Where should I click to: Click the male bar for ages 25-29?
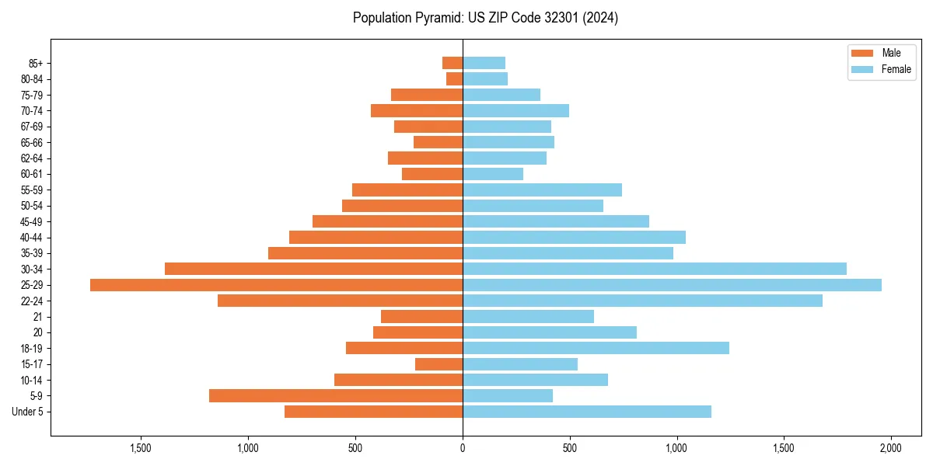coord(276,285)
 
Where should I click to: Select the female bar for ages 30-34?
coord(655,269)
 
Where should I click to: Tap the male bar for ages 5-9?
coord(336,396)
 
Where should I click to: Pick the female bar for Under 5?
coord(587,412)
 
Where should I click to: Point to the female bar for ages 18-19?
coord(596,348)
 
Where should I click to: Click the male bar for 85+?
coord(453,63)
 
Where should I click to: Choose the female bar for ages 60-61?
coord(493,174)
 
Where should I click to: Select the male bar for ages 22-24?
coord(340,301)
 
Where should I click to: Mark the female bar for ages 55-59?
coord(542,190)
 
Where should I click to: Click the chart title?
coord(485,18)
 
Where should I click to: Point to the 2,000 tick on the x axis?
coord(891,449)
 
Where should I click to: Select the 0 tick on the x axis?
coord(463,449)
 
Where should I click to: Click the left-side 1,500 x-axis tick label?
coord(141,449)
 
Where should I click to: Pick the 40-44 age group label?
coord(31,238)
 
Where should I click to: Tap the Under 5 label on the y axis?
coord(28,412)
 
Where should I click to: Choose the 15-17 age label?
coord(31,364)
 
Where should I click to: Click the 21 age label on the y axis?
coord(38,317)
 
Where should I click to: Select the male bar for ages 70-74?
coord(417,110)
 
